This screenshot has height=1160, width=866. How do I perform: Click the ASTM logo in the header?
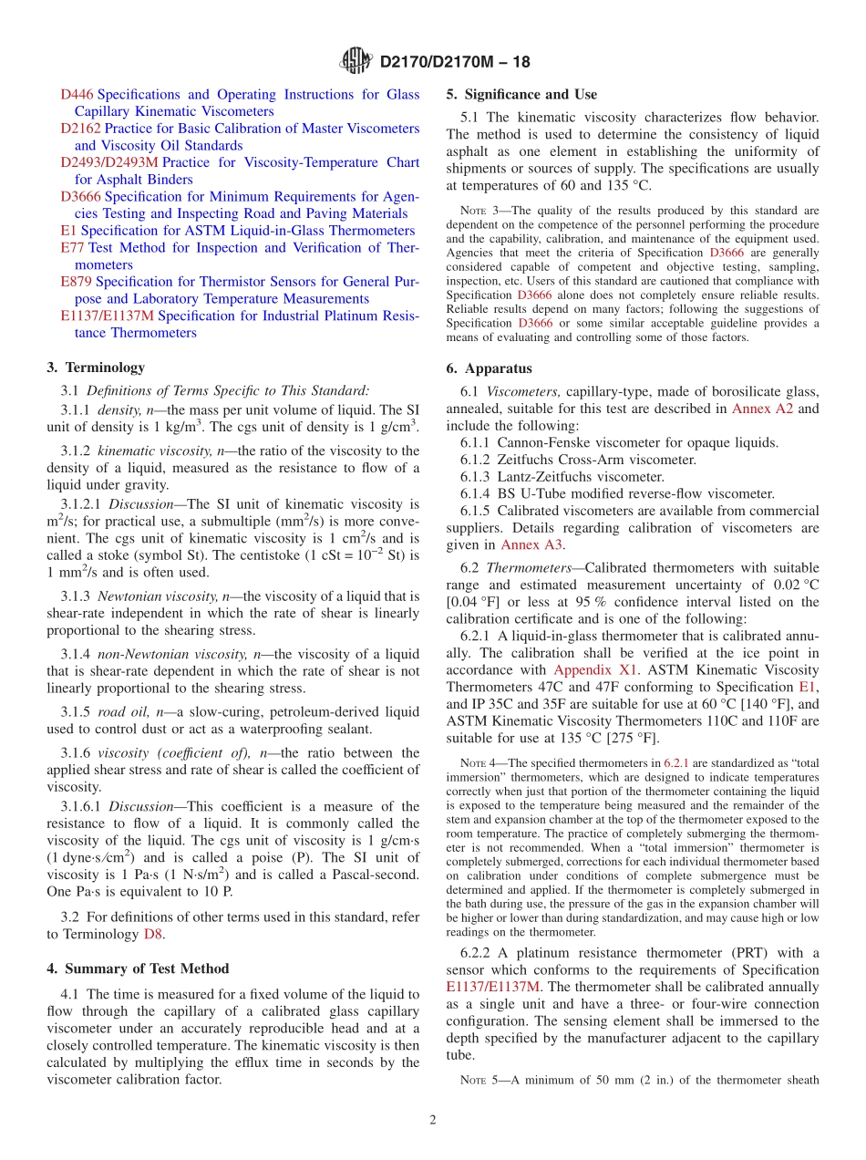(x=356, y=61)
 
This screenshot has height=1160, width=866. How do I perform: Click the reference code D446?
(x=77, y=95)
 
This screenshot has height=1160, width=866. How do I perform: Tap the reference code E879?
(x=76, y=282)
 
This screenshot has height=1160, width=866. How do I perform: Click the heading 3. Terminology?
(x=96, y=368)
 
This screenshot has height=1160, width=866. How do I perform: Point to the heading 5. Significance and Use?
(x=521, y=95)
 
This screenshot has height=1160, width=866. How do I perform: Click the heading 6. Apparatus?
(x=489, y=369)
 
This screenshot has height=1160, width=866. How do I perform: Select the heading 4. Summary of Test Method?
(x=138, y=968)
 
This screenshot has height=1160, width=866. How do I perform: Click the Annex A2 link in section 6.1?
(x=761, y=409)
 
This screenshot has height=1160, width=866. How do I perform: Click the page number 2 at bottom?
(x=433, y=1120)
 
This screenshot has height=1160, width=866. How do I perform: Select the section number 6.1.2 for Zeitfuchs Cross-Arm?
(x=477, y=460)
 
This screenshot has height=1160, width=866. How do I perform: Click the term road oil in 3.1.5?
(x=131, y=712)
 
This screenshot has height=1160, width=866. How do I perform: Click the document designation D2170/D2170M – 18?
(x=454, y=63)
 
